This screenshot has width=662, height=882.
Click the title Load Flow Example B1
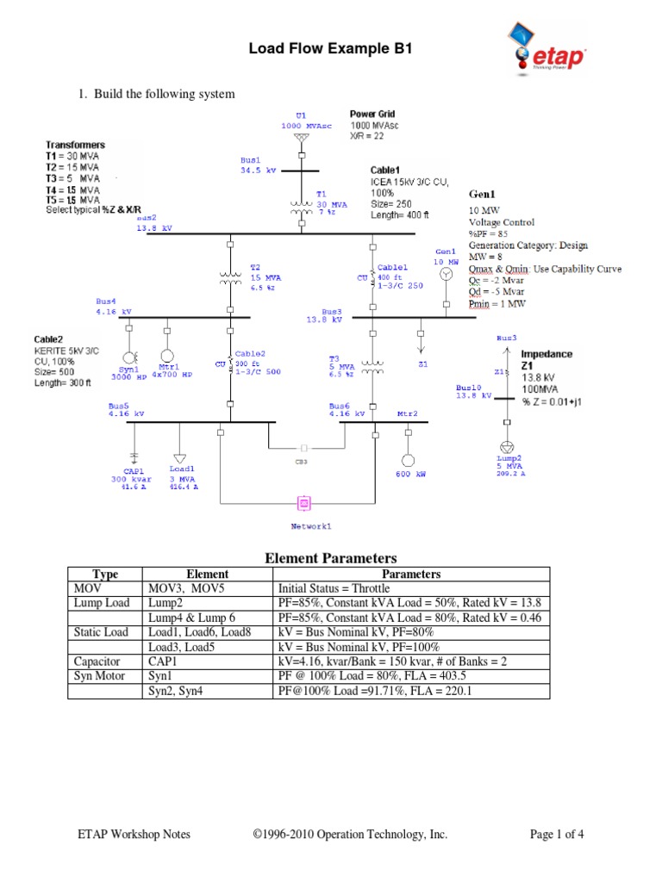click(x=330, y=50)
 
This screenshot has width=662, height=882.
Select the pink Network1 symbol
click(x=303, y=503)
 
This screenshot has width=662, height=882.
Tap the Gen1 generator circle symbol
click(x=446, y=274)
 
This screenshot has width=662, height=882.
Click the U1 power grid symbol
click(x=300, y=138)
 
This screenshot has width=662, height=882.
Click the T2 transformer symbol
click(x=230, y=277)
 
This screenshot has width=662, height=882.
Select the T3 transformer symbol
click(x=373, y=365)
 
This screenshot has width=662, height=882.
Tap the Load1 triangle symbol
click(x=179, y=457)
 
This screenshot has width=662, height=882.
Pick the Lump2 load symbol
click(x=507, y=447)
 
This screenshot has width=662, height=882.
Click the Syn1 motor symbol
click(x=130, y=357)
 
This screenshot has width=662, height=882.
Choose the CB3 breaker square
click(x=303, y=448)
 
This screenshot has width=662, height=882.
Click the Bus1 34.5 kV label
click(x=256, y=165)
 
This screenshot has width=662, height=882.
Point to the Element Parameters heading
click(x=330, y=558)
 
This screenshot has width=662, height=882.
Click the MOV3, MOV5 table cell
click(x=208, y=587)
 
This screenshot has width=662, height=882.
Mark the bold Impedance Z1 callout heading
click(x=546, y=359)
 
